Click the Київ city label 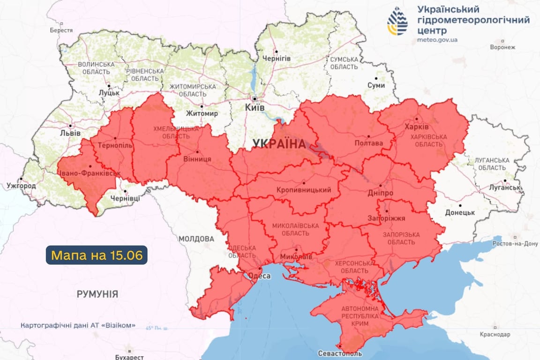tap(255, 108)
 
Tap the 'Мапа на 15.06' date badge tap(97, 255)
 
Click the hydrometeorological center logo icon tap(397, 22)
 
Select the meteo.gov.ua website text tap(437, 40)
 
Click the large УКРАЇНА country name tap(278, 144)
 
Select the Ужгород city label tap(21, 186)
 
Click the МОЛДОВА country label tap(195, 239)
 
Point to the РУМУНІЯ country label tap(97, 294)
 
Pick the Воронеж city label tap(502, 47)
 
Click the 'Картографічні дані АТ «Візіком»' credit tap(78, 325)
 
